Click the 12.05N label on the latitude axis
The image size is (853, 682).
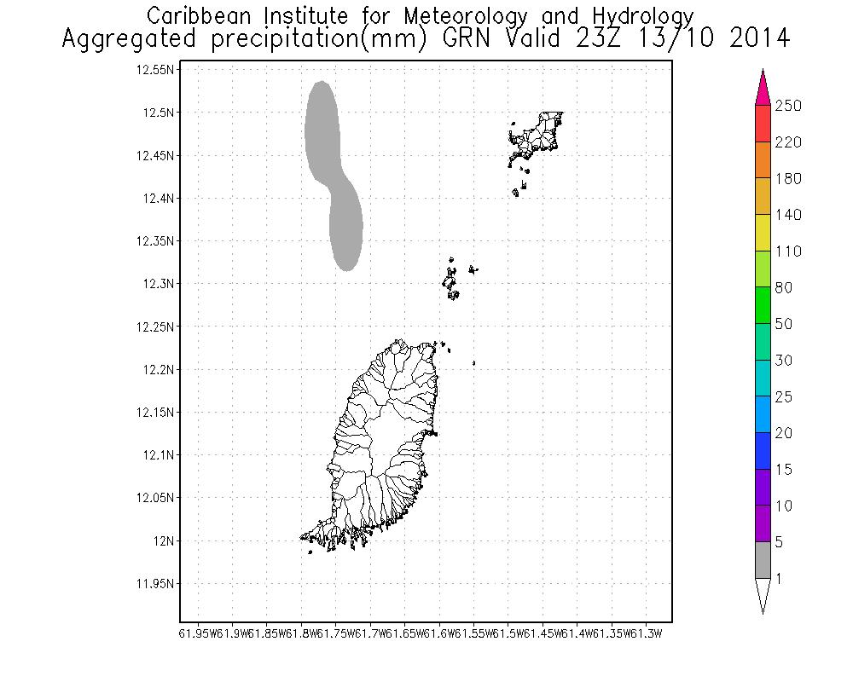coord(156,498)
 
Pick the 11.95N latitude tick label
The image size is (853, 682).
coord(156,584)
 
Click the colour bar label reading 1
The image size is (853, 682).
coord(779,578)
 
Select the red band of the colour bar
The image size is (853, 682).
coord(763,124)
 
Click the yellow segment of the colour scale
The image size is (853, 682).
coord(763,233)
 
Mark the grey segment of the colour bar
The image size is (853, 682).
coord(763,560)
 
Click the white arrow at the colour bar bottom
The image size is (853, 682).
coord(763,594)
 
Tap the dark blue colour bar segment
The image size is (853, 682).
coord(763,451)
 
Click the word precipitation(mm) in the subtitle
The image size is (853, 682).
coord(346,39)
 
